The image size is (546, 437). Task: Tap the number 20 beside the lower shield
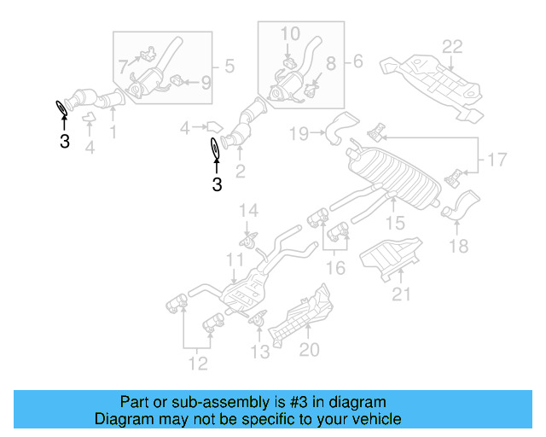point(309,349)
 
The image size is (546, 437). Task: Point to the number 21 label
point(401,295)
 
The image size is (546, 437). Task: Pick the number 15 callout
point(393,224)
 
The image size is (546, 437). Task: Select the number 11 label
point(235,258)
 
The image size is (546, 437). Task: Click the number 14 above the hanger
point(247,210)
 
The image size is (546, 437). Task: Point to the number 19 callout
point(298,132)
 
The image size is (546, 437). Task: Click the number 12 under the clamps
point(197,366)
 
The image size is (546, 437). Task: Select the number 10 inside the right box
point(290,33)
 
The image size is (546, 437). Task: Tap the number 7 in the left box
point(123,65)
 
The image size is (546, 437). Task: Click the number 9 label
point(205,83)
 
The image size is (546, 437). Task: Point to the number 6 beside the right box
point(357,61)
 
